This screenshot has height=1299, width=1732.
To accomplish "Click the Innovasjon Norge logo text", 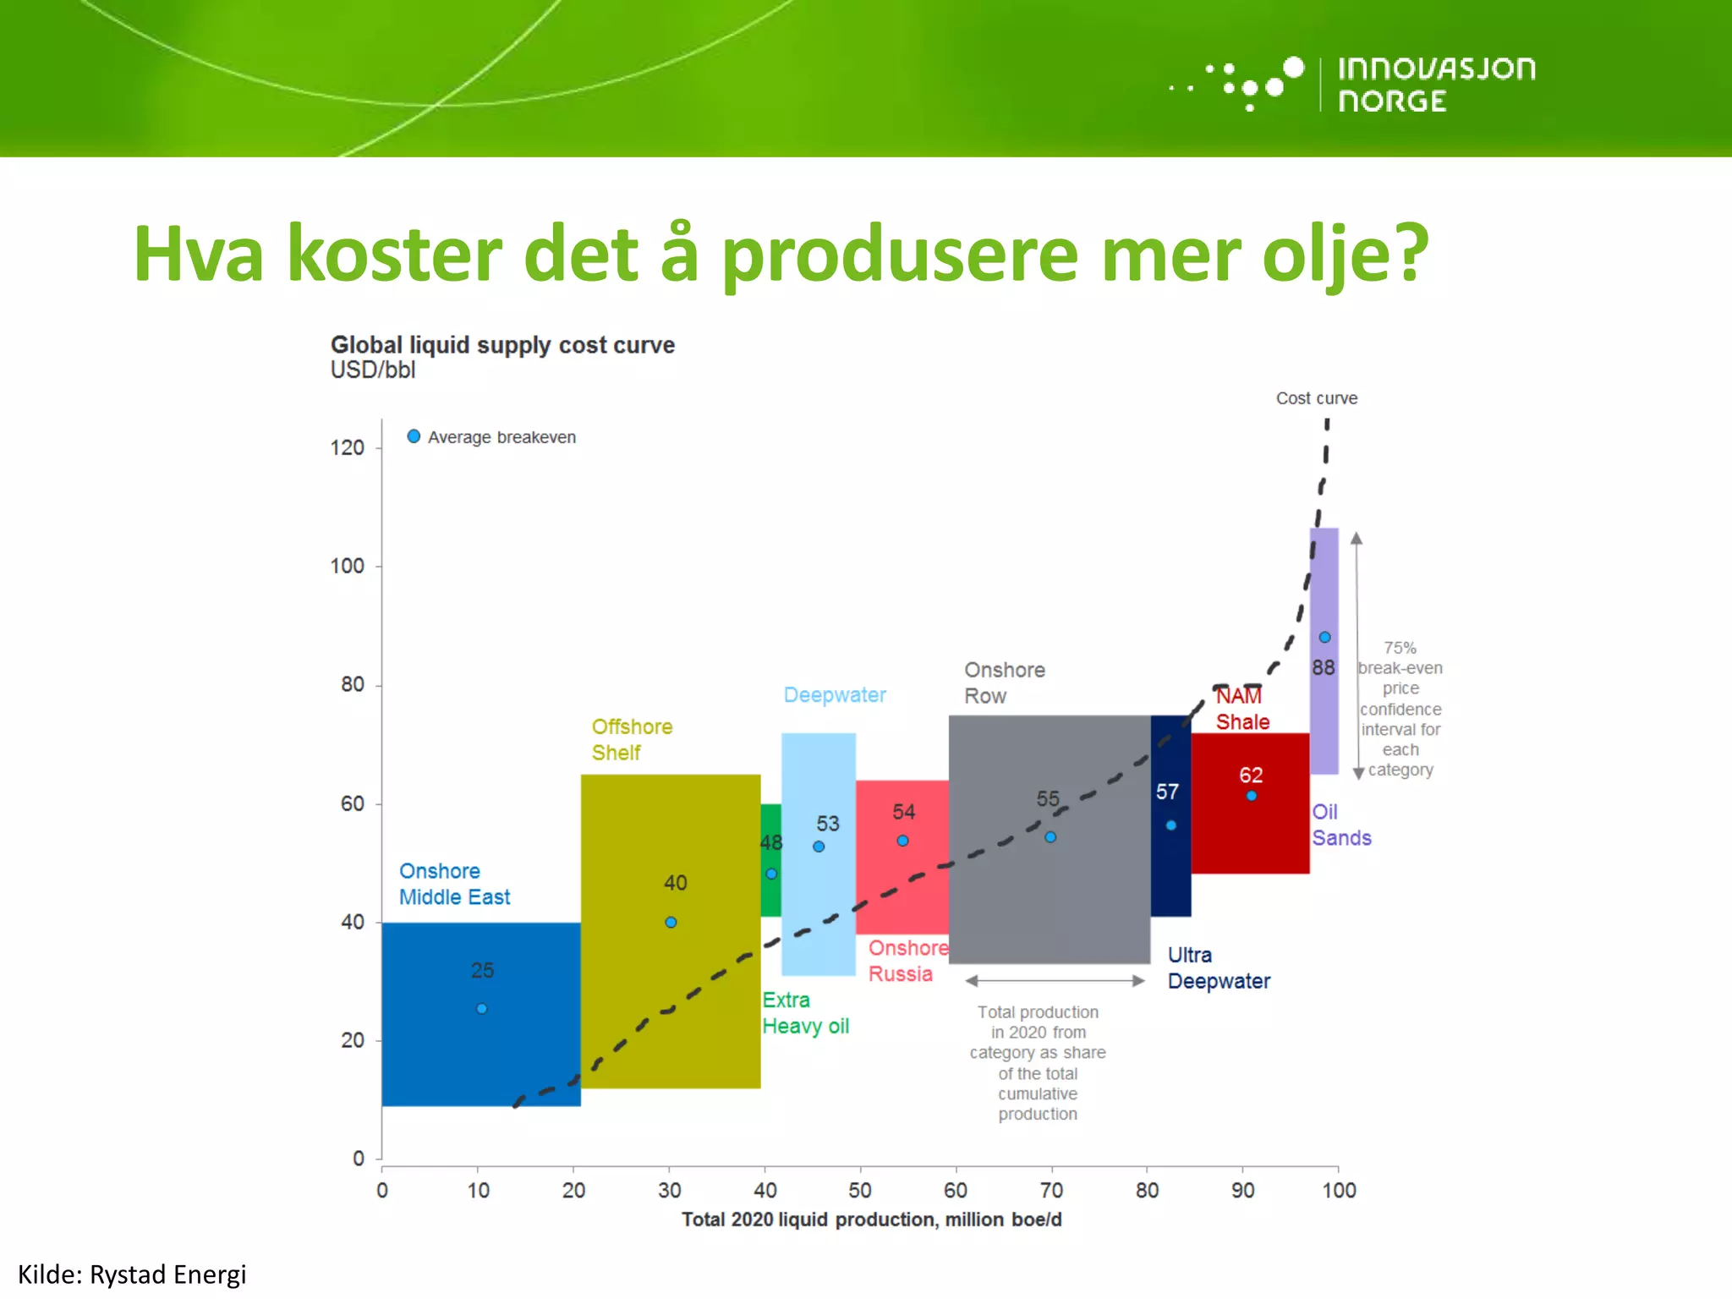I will click(x=1435, y=84).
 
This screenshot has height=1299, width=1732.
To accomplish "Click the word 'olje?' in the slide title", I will click(x=1345, y=254).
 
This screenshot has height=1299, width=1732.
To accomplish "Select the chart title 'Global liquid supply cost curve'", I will click(x=502, y=345).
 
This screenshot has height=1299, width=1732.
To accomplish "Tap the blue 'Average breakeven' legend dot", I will click(x=414, y=436).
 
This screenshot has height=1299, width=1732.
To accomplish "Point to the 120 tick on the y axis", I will click(x=348, y=447).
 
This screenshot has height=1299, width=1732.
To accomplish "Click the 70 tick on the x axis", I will click(x=1051, y=1190).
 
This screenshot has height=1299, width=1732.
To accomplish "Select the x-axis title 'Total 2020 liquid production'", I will click(x=871, y=1220).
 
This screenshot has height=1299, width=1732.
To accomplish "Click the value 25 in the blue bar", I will click(x=482, y=970).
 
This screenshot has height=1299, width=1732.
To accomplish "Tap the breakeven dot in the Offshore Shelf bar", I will click(x=671, y=922).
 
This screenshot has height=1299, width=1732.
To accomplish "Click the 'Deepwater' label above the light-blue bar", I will click(x=834, y=695).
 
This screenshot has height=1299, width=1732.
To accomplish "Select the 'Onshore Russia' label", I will click(x=906, y=961).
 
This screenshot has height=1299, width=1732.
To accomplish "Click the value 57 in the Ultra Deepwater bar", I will click(x=1167, y=792).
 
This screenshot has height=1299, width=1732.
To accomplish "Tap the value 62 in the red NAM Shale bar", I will click(x=1251, y=775).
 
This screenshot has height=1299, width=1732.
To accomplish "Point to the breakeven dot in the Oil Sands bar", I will click(x=1324, y=637).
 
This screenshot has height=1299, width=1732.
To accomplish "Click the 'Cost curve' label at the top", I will click(x=1316, y=398).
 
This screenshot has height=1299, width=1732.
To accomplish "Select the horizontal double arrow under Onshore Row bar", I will click(x=1055, y=981).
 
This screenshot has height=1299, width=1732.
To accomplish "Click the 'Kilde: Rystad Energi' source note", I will click(x=132, y=1274).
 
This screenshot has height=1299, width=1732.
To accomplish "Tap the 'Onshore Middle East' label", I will click(x=454, y=884).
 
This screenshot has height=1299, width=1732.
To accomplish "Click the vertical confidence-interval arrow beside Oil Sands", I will click(x=1357, y=655).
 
